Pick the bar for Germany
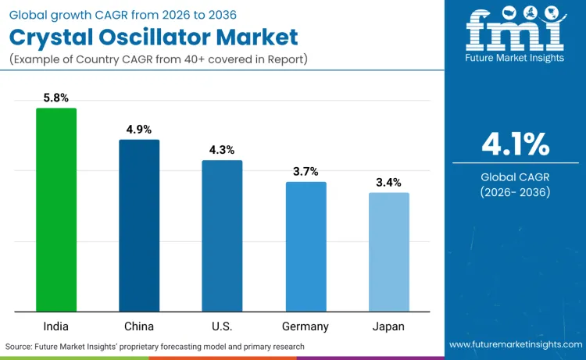(x=306, y=246)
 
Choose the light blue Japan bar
(x=388, y=251)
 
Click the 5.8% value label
(x=56, y=98)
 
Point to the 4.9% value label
(x=139, y=130)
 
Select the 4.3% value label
(x=222, y=150)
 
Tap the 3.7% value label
(x=306, y=172)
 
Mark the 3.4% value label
(x=388, y=183)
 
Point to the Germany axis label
(x=306, y=326)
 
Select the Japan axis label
(x=388, y=326)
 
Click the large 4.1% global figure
(x=515, y=144)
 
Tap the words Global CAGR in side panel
(x=515, y=176)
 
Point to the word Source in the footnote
(x=20, y=346)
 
